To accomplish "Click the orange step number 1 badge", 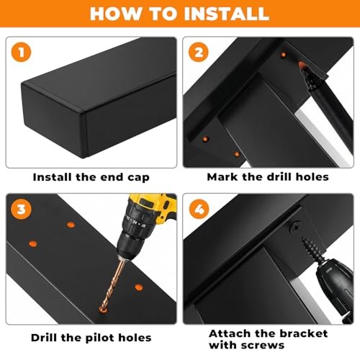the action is click(x=21, y=52).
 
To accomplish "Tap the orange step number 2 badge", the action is click(x=199, y=52).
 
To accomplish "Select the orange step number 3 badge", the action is click(x=21, y=209).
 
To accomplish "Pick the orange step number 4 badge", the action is click(x=199, y=209).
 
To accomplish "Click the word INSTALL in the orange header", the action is click(x=227, y=14).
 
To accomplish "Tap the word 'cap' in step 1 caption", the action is click(x=138, y=178).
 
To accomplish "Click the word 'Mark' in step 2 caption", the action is click(x=222, y=177).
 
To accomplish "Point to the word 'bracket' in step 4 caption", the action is click(x=303, y=333).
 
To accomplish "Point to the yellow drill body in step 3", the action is click(x=153, y=207).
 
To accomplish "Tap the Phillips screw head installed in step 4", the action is click(x=296, y=227).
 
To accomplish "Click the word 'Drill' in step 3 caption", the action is click(x=45, y=338).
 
